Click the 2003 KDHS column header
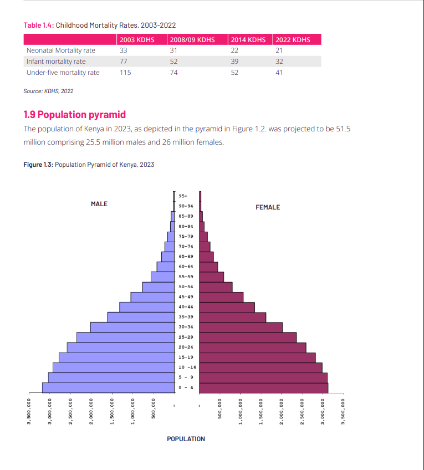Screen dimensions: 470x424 [136, 39]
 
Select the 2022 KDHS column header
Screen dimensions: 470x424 [293, 39]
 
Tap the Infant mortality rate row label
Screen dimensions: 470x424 [56, 62]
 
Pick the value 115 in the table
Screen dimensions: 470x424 [125, 73]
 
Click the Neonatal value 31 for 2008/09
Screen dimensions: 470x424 [174, 50]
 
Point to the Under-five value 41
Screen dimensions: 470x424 [279, 73]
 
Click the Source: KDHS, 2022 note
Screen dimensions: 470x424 [48, 91]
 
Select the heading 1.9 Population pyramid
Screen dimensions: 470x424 [74, 115]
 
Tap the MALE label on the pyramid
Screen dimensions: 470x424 [99, 204]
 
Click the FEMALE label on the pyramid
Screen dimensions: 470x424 [268, 207]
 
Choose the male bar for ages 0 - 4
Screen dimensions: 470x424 [108, 387]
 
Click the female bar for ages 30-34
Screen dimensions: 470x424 [241, 327]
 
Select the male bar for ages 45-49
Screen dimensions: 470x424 [152, 297]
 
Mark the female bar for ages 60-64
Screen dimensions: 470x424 [208, 267]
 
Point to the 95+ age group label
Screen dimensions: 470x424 [183, 196]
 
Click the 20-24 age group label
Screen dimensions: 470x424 [186, 347]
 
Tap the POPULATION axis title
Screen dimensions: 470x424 [186, 439]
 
